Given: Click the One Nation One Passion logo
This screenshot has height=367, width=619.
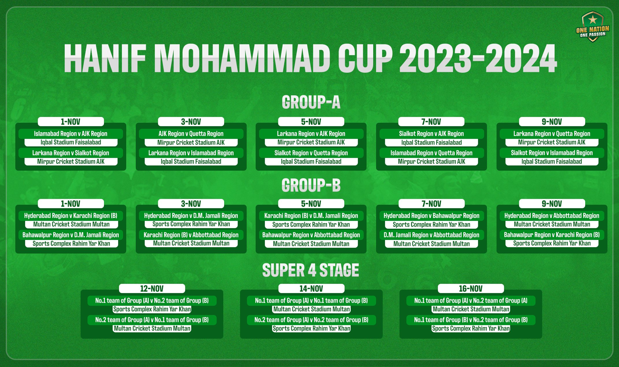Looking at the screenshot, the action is click(592, 27).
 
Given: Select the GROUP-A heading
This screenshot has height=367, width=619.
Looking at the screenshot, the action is click(311, 102).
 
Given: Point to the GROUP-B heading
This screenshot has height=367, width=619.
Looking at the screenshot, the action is click(311, 185).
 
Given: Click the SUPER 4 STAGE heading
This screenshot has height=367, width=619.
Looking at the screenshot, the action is click(311, 270).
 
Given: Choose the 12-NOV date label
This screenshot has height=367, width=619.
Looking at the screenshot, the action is click(152, 288).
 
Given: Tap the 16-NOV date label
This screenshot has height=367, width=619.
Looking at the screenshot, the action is click(471, 288).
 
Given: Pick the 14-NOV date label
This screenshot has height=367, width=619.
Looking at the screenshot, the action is click(311, 288).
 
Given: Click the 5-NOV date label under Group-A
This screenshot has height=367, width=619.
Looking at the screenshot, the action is click(311, 122).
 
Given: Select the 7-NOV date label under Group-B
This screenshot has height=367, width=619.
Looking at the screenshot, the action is click(432, 204).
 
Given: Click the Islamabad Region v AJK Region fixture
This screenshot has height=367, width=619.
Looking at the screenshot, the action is click(71, 134).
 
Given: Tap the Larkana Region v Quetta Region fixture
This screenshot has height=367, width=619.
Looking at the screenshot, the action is click(552, 134).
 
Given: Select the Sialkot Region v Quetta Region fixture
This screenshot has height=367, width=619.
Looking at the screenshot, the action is click(311, 153).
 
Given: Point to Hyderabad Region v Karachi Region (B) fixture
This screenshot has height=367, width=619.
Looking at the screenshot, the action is click(71, 216).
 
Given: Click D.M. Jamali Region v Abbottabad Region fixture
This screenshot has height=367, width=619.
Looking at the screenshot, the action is click(432, 235).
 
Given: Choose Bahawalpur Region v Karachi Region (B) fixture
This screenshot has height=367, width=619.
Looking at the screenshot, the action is click(552, 235).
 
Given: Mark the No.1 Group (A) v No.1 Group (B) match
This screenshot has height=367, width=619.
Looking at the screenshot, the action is click(311, 301).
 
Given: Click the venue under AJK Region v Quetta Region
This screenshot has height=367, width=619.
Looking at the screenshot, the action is click(191, 142).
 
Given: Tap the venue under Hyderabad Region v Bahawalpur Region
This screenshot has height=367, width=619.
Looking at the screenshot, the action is click(432, 224).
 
